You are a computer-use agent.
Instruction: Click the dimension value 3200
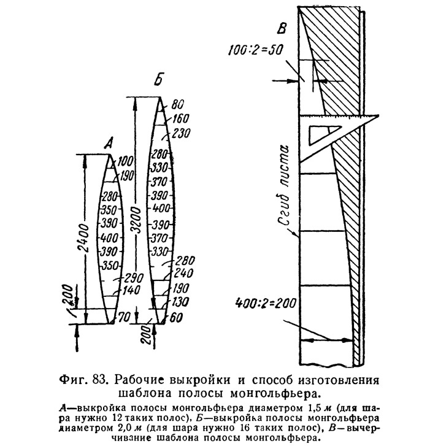(137, 220)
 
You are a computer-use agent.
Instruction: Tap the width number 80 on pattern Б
(177, 105)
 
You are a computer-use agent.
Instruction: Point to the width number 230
(181, 133)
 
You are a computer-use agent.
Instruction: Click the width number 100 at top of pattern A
(125, 161)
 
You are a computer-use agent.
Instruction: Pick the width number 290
(134, 278)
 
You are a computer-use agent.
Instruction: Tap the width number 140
(132, 290)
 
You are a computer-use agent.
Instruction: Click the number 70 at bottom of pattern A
(124, 317)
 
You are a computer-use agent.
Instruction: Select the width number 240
(184, 274)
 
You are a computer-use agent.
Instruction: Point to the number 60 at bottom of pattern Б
(176, 317)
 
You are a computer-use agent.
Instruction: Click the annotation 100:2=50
(256, 50)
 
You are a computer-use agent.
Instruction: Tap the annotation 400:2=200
(266, 303)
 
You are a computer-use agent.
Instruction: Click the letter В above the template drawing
(282, 29)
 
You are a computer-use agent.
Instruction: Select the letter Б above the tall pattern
(159, 80)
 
